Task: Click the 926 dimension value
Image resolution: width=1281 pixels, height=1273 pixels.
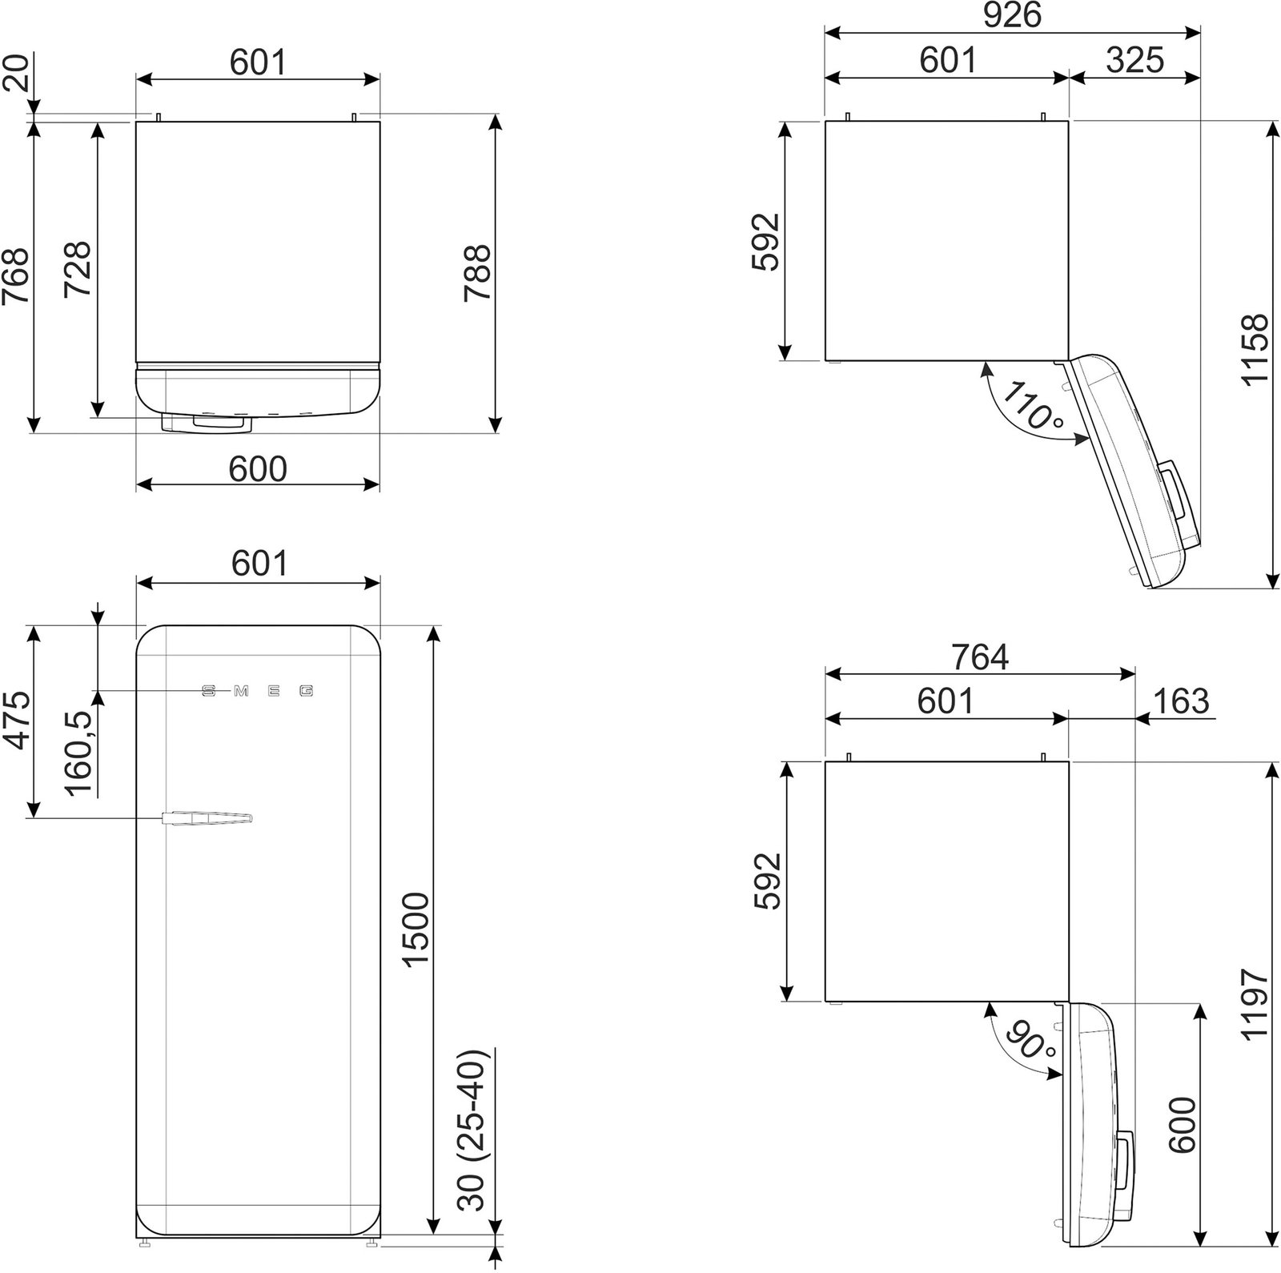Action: [x=1012, y=15]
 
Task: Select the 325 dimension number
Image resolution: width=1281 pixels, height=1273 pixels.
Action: [x=1135, y=60]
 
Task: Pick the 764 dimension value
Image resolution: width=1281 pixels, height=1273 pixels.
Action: [x=980, y=657]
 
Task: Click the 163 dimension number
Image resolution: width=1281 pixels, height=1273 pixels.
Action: [x=1181, y=701]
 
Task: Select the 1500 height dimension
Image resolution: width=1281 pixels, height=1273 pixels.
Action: [x=417, y=931]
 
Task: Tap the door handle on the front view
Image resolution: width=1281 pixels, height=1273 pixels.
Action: [x=207, y=817]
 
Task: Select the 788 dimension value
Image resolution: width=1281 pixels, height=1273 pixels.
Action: [x=477, y=272]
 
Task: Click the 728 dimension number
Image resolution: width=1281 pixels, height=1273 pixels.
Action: [x=78, y=268]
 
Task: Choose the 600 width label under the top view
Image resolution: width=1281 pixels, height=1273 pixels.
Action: [x=257, y=469]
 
